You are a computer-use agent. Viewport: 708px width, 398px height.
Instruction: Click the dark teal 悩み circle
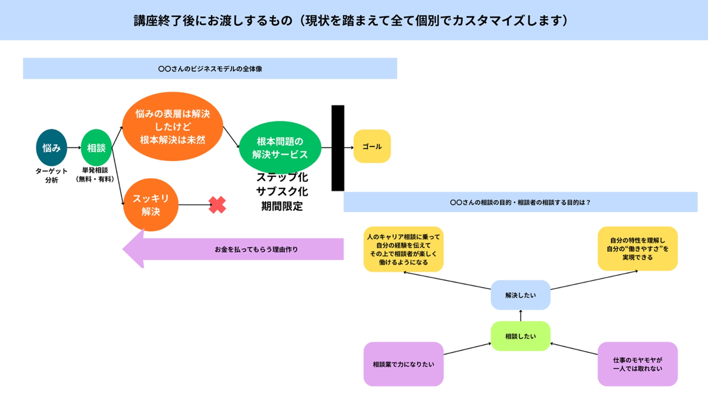(x=51, y=148)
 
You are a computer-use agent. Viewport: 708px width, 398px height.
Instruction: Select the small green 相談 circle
(x=96, y=148)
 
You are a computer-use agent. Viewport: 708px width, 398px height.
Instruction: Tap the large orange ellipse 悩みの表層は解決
(x=172, y=126)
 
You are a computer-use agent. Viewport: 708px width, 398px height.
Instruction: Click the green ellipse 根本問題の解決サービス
(x=280, y=148)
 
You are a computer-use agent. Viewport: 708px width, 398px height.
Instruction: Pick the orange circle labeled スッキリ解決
(x=150, y=205)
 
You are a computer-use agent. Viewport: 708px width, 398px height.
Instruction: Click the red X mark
(x=217, y=205)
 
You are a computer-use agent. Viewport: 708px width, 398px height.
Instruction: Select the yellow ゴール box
(x=372, y=146)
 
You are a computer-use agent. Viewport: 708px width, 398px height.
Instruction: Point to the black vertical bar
(x=338, y=148)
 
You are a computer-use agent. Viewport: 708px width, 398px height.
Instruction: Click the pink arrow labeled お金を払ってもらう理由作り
(x=248, y=249)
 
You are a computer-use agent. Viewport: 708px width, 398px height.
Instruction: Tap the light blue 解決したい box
(x=520, y=295)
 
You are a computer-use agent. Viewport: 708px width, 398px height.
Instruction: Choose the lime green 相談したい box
(x=520, y=336)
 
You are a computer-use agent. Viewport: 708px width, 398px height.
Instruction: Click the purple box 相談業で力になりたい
(x=403, y=364)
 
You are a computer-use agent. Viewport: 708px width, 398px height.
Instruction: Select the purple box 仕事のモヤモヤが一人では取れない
(x=637, y=364)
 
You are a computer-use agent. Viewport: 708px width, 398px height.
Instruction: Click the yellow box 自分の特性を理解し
(x=637, y=249)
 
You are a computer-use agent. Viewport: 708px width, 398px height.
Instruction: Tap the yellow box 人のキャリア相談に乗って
(x=403, y=249)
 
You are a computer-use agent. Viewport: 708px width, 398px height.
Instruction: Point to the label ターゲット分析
(x=51, y=175)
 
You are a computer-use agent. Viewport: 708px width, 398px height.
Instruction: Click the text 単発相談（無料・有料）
(x=95, y=175)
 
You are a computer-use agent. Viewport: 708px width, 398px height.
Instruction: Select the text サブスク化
(x=282, y=191)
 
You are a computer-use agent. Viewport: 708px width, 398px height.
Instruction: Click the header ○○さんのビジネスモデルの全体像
(x=210, y=69)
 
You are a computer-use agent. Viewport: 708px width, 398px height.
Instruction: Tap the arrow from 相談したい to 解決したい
(x=520, y=316)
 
